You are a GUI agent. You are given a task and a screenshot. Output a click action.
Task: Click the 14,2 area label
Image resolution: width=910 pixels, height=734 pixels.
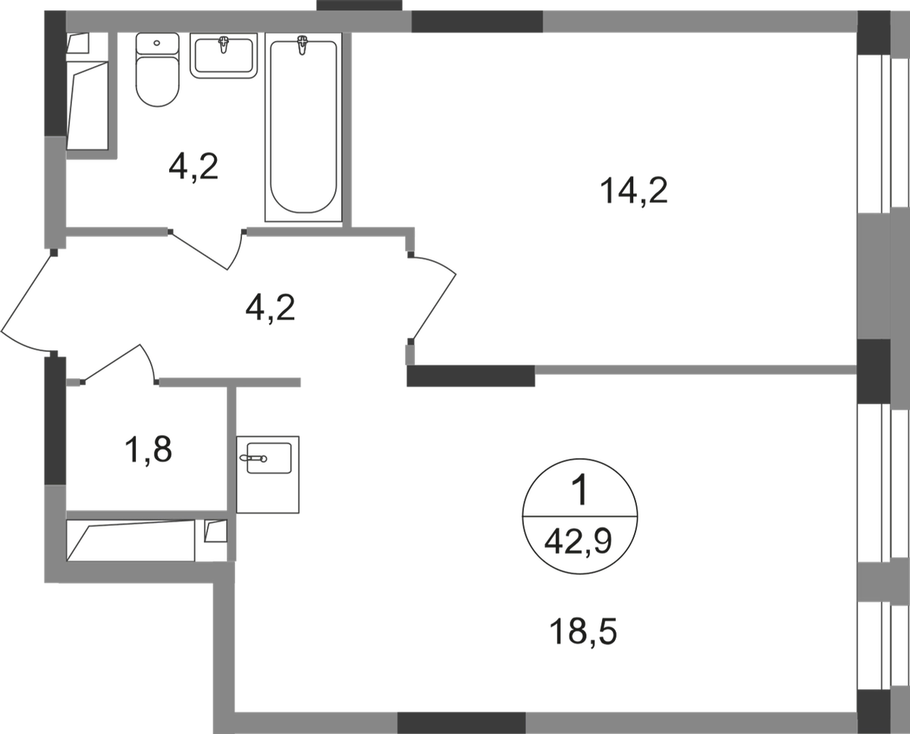point(633,191)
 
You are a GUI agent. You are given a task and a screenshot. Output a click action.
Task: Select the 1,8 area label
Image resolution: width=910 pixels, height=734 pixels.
point(148,450)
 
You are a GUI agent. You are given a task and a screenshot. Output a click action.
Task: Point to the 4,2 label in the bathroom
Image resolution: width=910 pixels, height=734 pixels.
point(193,168)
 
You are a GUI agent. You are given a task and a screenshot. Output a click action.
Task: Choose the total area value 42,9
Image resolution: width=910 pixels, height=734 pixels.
point(578,542)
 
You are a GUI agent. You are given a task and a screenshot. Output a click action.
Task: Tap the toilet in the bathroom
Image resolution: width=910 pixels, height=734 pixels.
point(157,70)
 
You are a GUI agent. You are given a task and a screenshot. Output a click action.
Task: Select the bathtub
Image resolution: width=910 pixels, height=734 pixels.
point(303,127)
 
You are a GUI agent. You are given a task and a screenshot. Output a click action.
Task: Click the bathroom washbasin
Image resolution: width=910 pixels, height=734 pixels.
point(223,55)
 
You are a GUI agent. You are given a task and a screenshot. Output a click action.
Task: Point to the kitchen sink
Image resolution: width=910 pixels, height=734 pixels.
point(268,475)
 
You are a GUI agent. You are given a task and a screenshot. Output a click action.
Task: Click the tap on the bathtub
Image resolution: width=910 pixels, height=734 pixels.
point(302,45)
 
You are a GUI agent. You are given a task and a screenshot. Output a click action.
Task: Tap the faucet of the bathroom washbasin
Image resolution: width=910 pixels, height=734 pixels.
point(223,45)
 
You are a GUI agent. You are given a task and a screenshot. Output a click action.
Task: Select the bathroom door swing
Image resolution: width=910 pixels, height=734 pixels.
point(207,249)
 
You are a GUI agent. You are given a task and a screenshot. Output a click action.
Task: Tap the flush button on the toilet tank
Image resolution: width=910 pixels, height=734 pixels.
point(157,42)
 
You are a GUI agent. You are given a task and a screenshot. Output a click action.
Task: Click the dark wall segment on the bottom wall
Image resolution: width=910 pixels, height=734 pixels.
point(461,723)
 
